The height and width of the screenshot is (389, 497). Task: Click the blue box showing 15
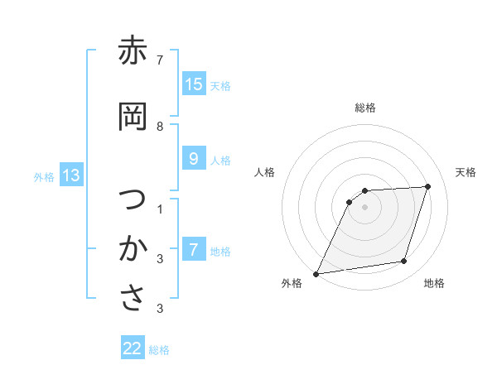point(194,84)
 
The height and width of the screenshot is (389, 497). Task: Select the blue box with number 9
point(194,159)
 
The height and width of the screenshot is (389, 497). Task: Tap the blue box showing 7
point(194,250)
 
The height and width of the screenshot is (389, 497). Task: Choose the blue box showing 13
point(71,175)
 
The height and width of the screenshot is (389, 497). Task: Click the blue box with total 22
point(133,349)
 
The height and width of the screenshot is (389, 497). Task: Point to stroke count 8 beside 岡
point(160,126)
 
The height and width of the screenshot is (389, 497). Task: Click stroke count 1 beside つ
point(160,209)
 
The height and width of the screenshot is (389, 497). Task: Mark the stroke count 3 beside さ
point(160,309)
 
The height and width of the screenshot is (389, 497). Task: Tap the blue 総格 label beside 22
point(159,350)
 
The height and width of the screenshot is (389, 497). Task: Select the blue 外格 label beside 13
point(44,176)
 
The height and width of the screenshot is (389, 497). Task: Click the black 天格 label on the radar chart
point(466,172)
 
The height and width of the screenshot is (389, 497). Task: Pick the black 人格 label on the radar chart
point(265,172)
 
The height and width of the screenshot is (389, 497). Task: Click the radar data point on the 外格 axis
point(316,274)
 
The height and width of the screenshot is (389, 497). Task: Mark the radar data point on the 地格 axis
point(404,262)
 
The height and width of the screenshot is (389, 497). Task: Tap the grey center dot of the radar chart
point(365,207)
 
